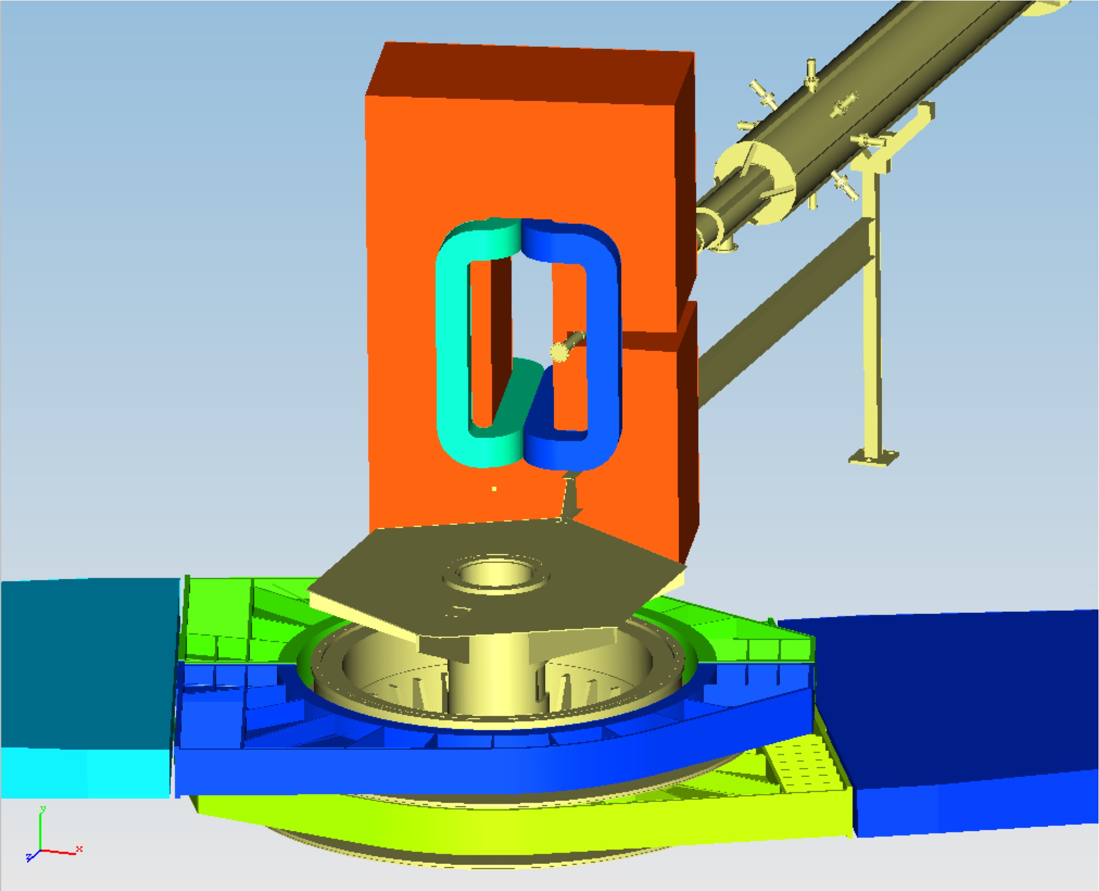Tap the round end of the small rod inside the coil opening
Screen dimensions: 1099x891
click(559, 353)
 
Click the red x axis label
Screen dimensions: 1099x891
click(80, 848)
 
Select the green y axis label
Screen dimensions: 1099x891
click(43, 808)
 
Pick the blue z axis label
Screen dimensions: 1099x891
click(29, 857)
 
